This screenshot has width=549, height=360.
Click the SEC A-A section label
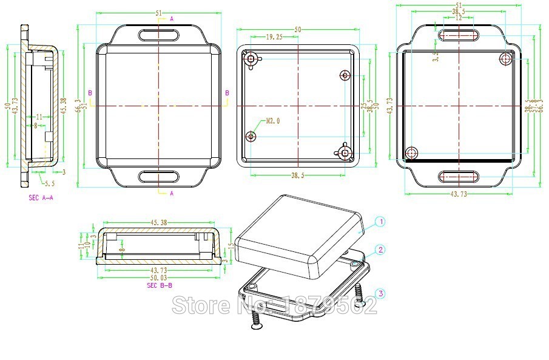click(x=41, y=198)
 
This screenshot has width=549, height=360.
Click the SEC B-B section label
click(x=160, y=285)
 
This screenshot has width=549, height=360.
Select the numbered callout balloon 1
click(x=380, y=222)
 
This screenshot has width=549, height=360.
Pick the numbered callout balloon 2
click(x=380, y=250)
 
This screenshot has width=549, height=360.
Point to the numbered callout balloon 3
click(x=380, y=294)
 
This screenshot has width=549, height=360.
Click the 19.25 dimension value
click(x=275, y=37)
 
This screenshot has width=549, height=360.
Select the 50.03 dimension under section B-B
click(x=159, y=277)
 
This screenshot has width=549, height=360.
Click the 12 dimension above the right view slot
click(x=459, y=18)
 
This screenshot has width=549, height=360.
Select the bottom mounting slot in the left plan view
click(x=159, y=177)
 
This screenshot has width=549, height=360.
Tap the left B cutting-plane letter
click(x=90, y=92)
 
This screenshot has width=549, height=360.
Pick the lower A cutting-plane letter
click(x=172, y=193)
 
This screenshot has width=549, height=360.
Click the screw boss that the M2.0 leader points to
click(x=252, y=137)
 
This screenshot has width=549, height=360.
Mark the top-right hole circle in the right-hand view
click(x=505, y=58)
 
